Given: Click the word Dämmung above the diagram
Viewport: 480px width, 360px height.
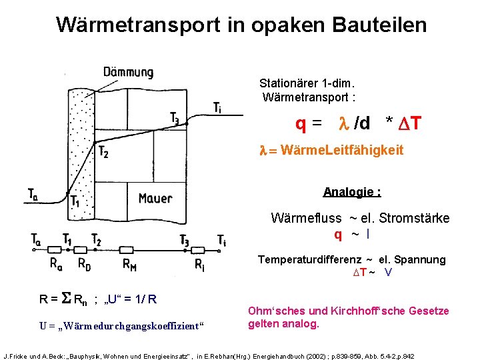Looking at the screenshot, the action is pos(128,72).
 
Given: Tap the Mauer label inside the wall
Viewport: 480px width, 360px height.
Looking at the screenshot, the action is pos(155,197).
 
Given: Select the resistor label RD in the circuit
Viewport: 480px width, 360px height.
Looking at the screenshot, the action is pos(84,263).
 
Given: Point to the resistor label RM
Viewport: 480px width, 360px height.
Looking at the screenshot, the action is pos(131,263).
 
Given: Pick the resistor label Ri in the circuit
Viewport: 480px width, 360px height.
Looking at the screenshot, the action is pos(199,263).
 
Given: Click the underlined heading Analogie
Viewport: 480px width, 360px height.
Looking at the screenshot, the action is pos(351,192).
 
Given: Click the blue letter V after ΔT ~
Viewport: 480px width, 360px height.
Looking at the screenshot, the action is pos(388,272).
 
